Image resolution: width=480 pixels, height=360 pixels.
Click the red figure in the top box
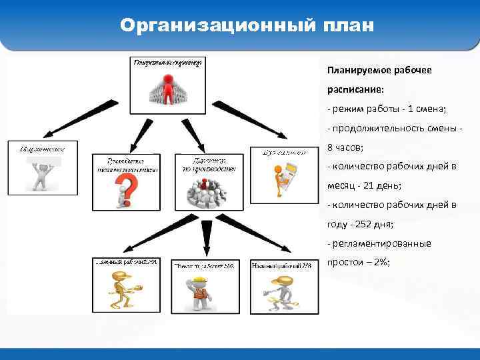[168, 87]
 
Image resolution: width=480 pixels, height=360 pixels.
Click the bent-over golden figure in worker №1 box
[122, 290]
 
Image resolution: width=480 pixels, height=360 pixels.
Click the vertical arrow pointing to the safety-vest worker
[207, 237]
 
